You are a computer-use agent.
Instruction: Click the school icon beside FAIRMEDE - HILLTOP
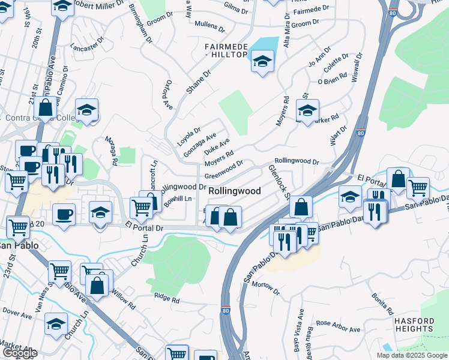(x=262, y=61)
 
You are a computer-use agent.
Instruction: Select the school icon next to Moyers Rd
(x=307, y=110)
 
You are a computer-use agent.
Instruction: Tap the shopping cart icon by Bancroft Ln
(x=141, y=208)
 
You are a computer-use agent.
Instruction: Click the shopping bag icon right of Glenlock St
(x=301, y=207)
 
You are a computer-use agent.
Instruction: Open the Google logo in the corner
(x=19, y=353)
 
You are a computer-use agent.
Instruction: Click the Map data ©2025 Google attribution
(x=411, y=355)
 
